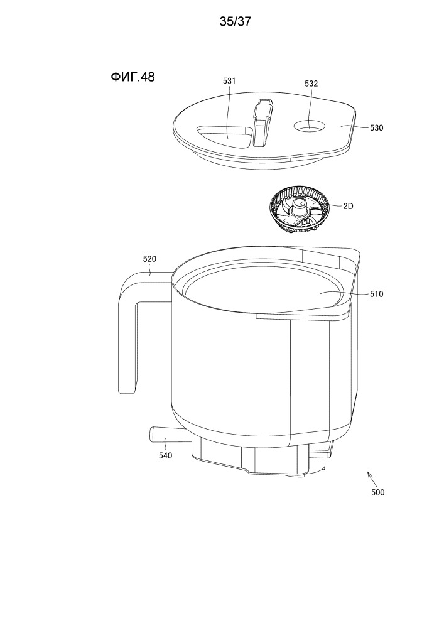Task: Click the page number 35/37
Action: (236, 21)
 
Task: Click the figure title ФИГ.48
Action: (133, 77)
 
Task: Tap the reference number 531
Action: (229, 81)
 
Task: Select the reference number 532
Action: (311, 84)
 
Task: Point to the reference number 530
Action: (376, 127)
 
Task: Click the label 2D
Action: (348, 206)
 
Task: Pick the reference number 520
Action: (149, 259)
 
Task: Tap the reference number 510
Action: (376, 294)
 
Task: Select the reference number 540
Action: (165, 455)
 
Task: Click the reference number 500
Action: (377, 492)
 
